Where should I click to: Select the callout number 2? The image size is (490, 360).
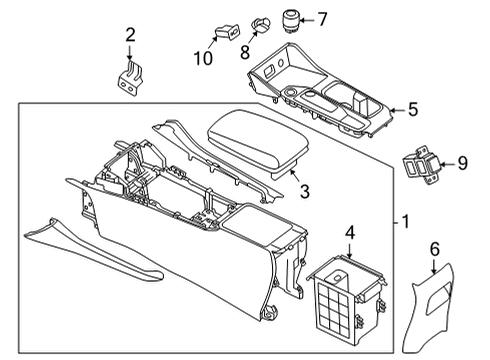click(130, 37)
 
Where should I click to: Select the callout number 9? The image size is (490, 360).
click(461, 163)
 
